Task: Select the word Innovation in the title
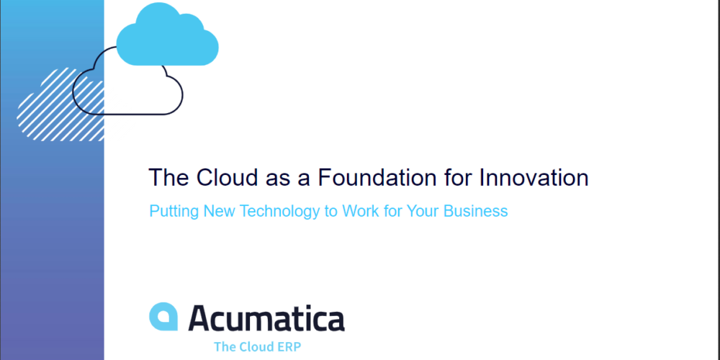click(x=534, y=178)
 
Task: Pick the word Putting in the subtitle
click(x=174, y=212)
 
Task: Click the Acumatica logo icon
click(x=163, y=316)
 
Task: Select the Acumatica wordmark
click(x=266, y=318)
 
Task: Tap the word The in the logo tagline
click(x=224, y=347)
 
